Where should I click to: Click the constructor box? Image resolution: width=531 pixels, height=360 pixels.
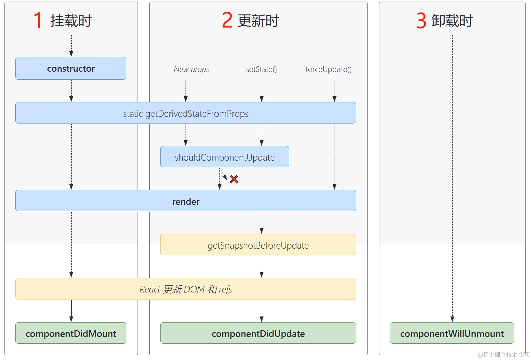[71, 68]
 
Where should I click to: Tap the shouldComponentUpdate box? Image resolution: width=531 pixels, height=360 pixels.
[225, 157]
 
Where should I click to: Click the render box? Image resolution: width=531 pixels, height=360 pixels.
[186, 201]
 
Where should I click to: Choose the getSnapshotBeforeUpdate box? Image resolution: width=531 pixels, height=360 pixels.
[258, 245]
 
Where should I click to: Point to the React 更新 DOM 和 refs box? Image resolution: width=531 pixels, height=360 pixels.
[186, 289]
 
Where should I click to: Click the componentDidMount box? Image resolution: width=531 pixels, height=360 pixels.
[71, 333]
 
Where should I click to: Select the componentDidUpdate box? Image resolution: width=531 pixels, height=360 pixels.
[258, 333]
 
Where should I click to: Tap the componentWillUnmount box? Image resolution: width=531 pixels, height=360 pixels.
[452, 333]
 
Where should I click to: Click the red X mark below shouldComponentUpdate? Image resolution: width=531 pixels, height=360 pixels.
[234, 179]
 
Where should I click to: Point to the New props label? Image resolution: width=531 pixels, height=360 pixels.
[191, 69]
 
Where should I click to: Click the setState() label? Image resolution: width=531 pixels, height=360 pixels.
[261, 69]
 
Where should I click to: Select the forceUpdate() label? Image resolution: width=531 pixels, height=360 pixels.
[329, 69]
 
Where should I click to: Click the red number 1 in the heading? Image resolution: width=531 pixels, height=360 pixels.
[38, 20]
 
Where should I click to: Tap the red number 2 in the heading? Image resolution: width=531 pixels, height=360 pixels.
[227, 20]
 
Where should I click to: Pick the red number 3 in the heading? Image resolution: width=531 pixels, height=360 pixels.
[421, 20]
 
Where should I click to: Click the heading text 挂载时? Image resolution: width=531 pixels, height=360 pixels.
[71, 20]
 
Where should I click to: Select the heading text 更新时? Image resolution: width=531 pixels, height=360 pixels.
[258, 20]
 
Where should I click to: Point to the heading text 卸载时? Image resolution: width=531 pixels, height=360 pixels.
[452, 20]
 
